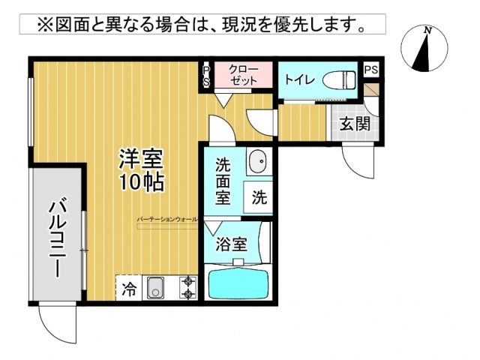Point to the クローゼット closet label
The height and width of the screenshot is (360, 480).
pyautogui.click(x=243, y=75)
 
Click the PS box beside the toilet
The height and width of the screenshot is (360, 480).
pyautogui.click(x=370, y=69)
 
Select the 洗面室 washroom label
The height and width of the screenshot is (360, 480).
pyautogui.click(x=224, y=181)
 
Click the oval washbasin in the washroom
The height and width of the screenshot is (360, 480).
pyautogui.click(x=258, y=160)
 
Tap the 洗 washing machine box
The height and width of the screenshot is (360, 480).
pyautogui.click(x=259, y=198)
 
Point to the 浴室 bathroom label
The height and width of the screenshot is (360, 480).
pyautogui.click(x=231, y=244)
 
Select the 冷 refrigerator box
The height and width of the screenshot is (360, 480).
pyautogui.click(x=129, y=289)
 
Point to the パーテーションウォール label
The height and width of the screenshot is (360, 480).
pyautogui.click(x=167, y=219)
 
